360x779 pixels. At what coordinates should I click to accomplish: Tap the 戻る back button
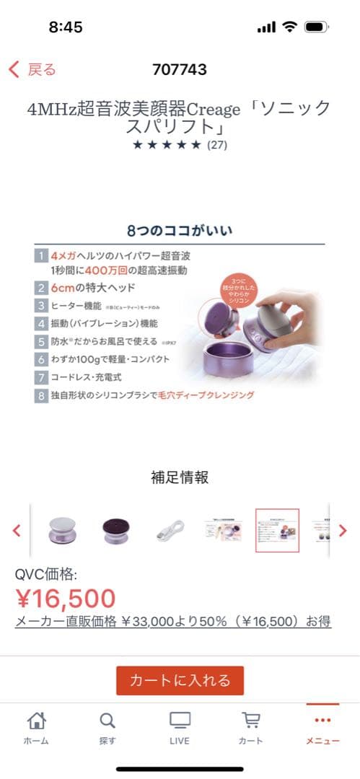point(32,69)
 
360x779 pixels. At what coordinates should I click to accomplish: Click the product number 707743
point(180,69)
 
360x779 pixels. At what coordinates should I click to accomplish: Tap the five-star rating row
point(167,145)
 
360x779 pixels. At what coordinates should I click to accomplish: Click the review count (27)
point(217,145)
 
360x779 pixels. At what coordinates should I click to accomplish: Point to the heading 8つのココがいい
point(180,232)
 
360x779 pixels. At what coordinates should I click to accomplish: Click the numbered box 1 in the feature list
point(41,256)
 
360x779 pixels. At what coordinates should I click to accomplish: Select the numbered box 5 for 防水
point(41,341)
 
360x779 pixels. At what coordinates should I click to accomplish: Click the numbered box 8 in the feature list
point(41,395)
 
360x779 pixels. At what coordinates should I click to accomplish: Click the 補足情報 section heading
point(180,477)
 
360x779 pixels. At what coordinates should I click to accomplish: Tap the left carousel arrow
point(17,530)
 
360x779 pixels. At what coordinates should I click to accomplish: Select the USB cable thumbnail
point(171,531)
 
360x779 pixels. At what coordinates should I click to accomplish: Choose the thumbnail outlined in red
point(277,530)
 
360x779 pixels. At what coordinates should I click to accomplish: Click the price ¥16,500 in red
point(66,598)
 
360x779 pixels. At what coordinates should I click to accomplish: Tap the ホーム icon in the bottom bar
point(36,727)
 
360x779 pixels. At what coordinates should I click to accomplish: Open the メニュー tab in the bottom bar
point(322,727)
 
